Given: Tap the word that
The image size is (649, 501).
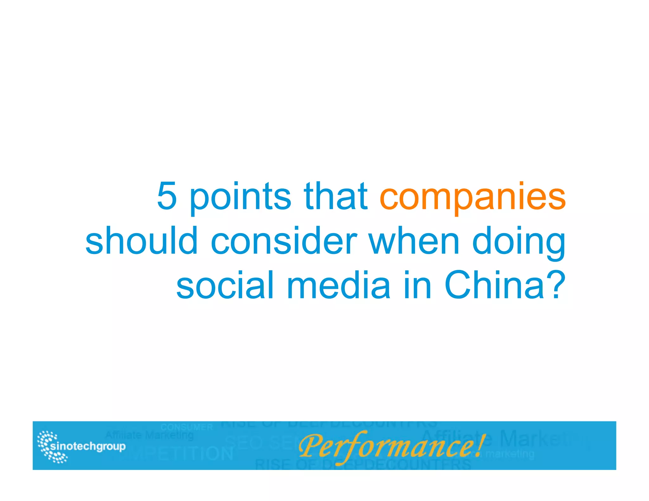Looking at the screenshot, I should coord(336,196).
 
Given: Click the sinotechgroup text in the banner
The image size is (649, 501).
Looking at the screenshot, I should coord(88,446).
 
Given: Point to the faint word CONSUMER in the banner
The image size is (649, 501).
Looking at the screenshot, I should coord(187,427).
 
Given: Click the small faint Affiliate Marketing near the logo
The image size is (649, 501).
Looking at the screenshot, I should coord(149,435).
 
